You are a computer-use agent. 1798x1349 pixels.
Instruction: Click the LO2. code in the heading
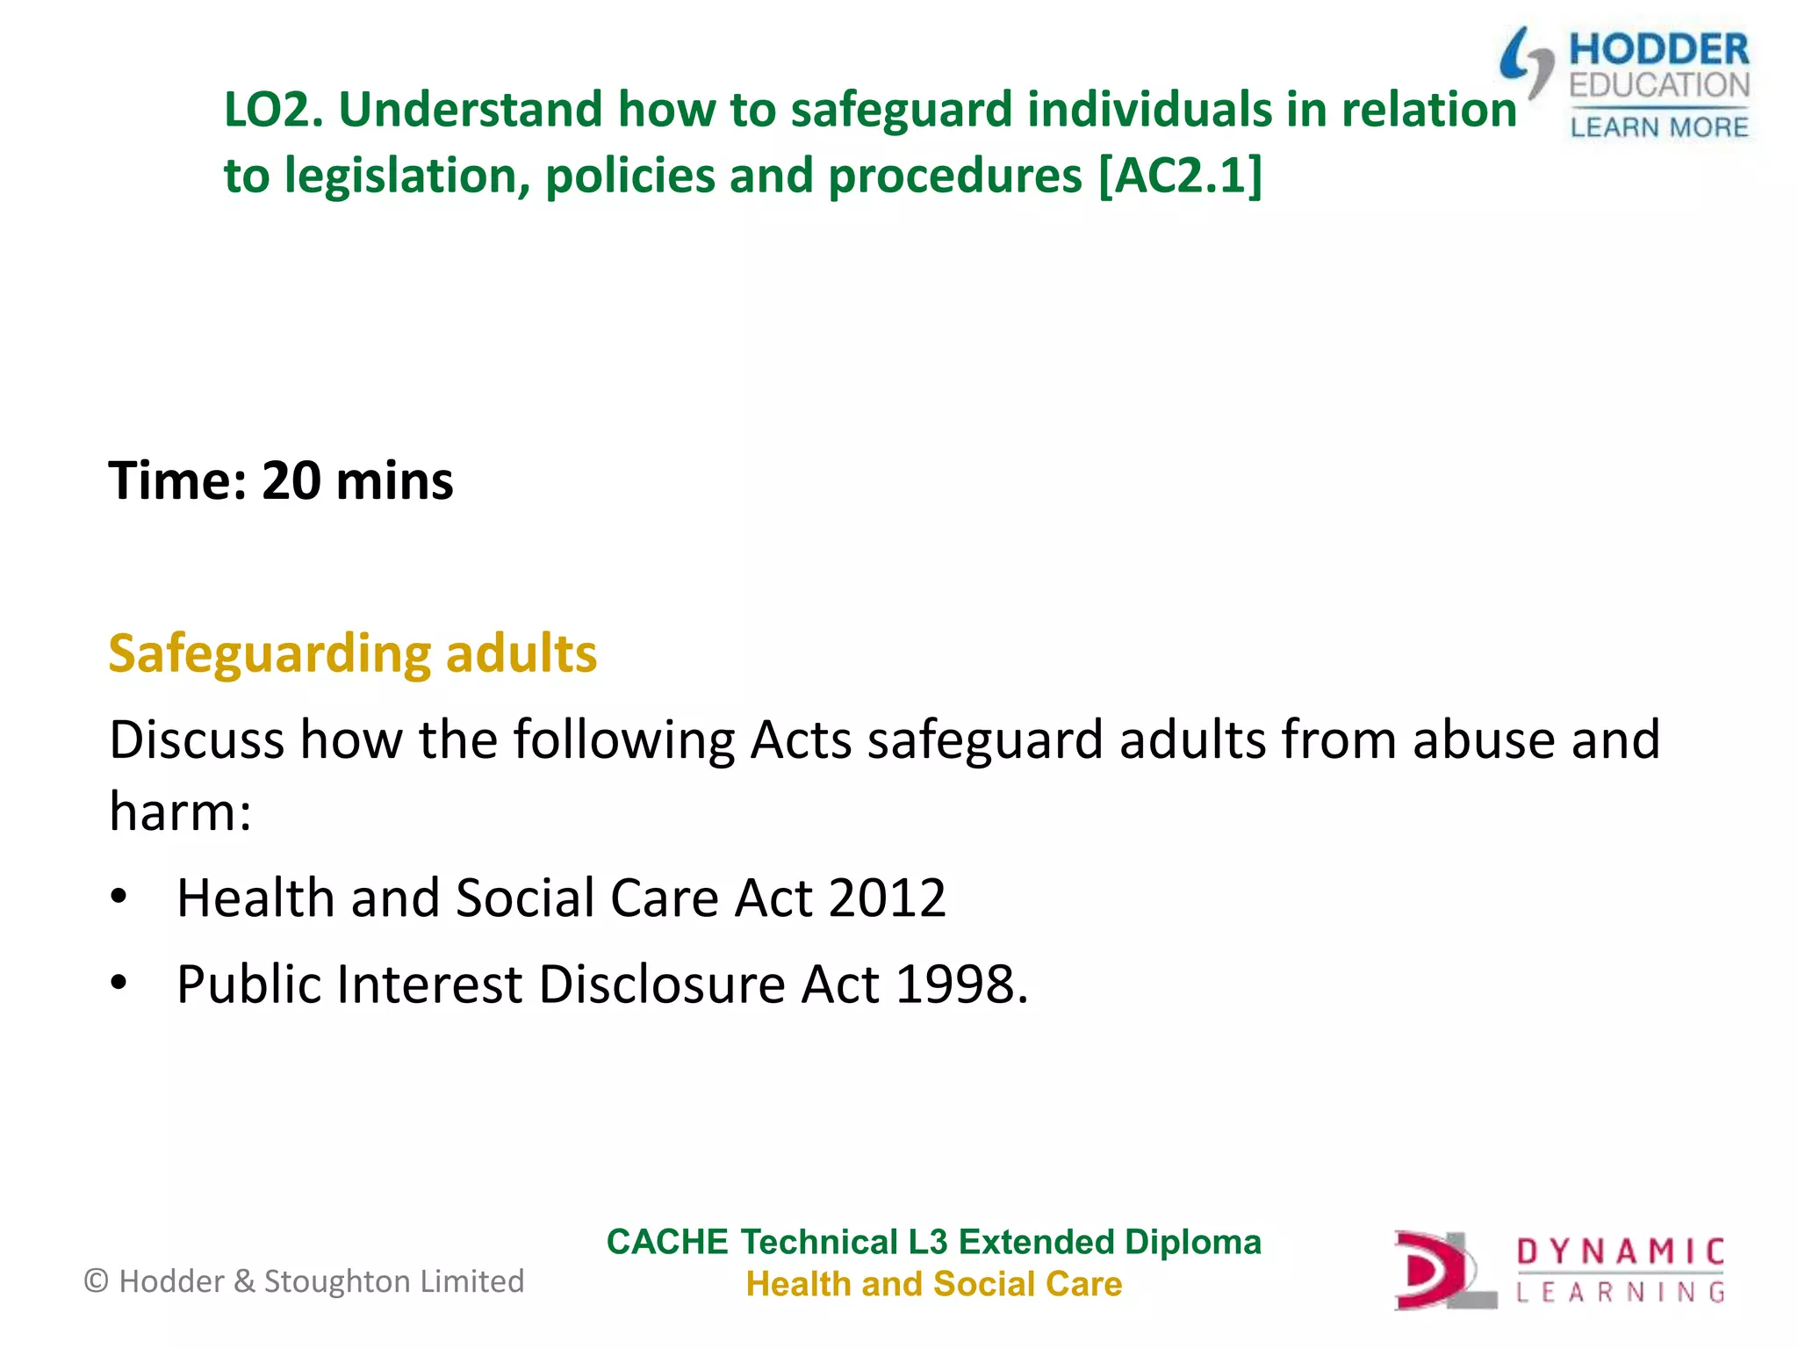point(274,111)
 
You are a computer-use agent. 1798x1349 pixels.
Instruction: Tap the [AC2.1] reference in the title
point(1181,176)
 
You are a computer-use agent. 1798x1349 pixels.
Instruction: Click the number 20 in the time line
point(291,481)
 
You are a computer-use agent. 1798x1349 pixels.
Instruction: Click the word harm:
point(180,811)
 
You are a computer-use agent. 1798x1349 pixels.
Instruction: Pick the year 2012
point(887,898)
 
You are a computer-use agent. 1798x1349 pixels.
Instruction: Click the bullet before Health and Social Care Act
point(119,898)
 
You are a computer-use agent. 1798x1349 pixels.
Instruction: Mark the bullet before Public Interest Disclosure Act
point(119,984)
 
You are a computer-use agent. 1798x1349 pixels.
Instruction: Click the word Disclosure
point(662,984)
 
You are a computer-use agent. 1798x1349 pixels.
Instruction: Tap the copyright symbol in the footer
point(96,1281)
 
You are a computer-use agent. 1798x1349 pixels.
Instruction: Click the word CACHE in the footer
point(667,1243)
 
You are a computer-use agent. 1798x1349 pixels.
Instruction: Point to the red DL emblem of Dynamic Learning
point(1440,1271)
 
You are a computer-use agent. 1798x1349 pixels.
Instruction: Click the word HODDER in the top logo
point(1658,50)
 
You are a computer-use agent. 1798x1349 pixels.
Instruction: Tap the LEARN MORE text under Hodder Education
point(1658,128)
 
